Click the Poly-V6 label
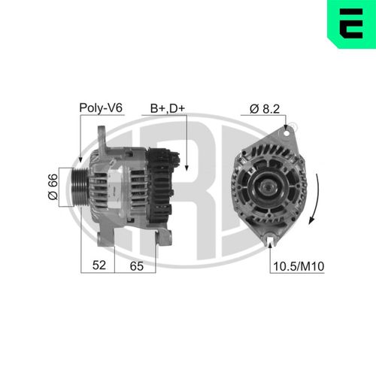pyautogui.click(x=101, y=108)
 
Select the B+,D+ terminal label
pyautogui.click(x=168, y=108)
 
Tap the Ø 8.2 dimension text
pyautogui.click(x=265, y=109)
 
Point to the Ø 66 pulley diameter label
pyautogui.click(x=53, y=186)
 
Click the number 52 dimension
pyautogui.click(x=99, y=265)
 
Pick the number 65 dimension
pyautogui.click(x=137, y=265)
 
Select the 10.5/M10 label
pyautogui.click(x=299, y=266)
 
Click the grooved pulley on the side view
pyautogui.click(x=80, y=187)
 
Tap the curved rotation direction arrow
pyautogui.click(x=314, y=199)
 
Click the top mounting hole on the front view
pyautogui.click(x=286, y=133)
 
